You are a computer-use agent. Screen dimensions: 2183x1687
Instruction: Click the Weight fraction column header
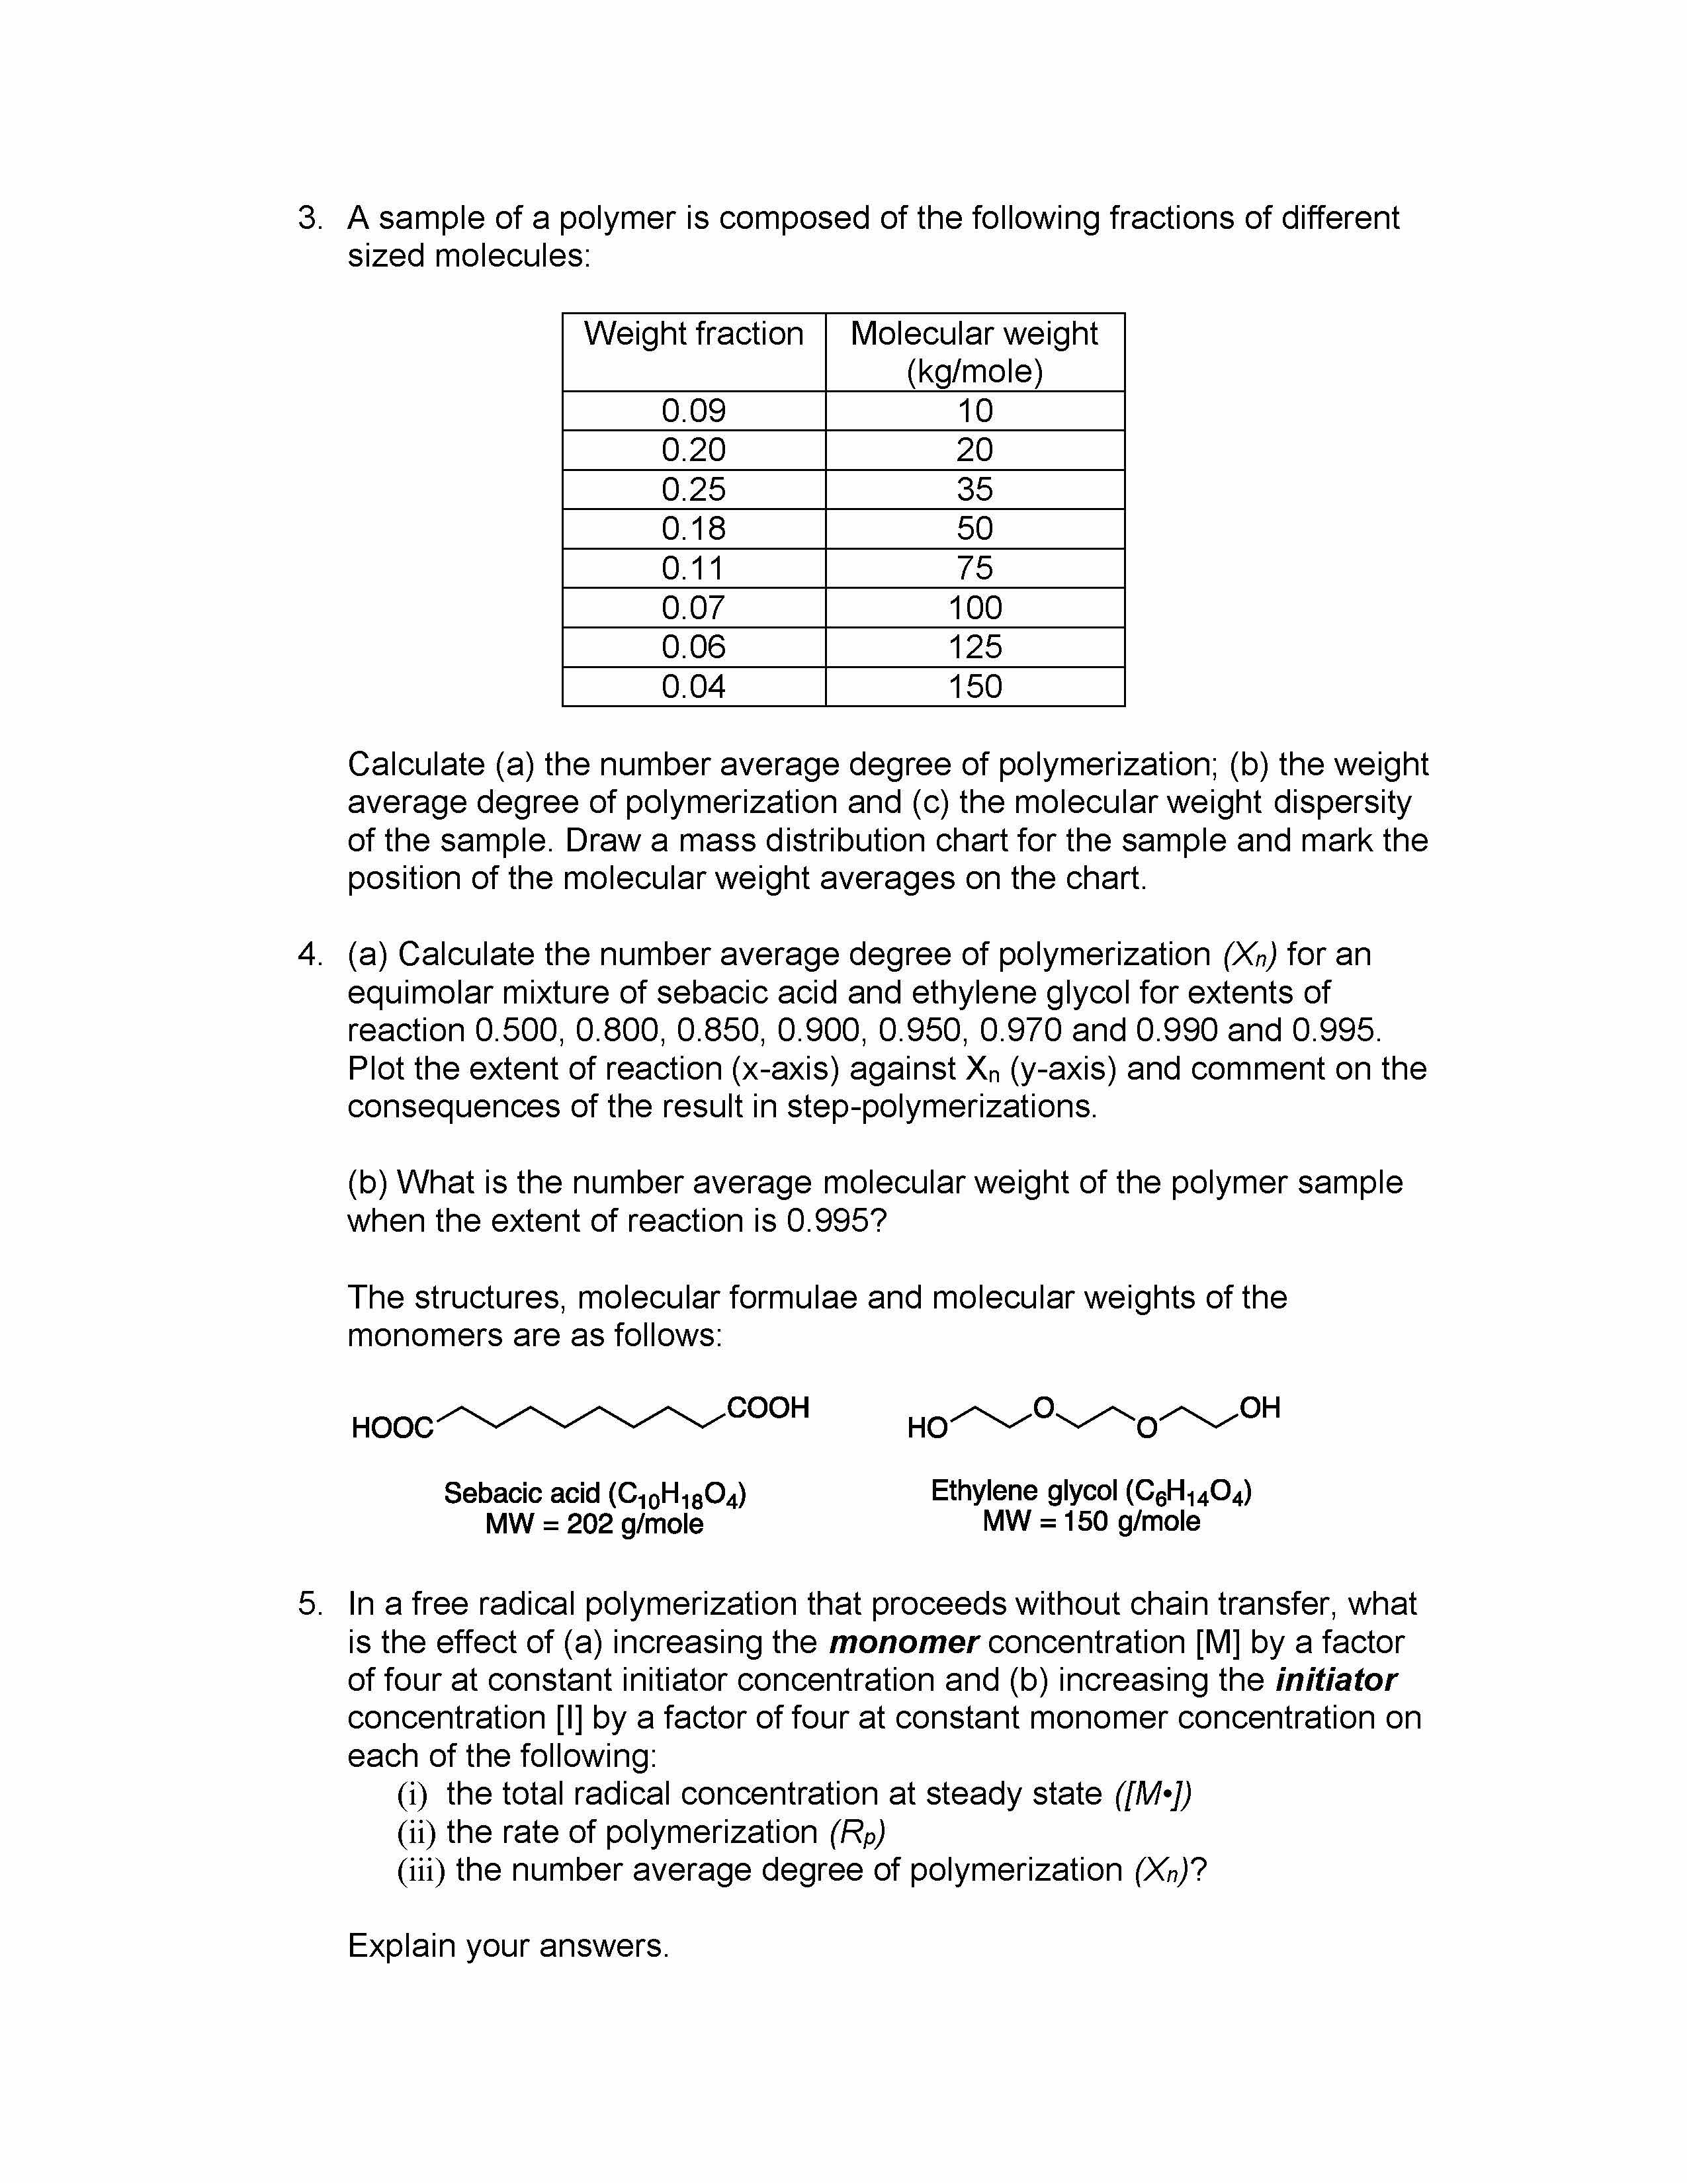693,334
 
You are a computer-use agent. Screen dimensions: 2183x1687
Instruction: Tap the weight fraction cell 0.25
693,490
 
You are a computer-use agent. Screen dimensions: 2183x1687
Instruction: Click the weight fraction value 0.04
693,687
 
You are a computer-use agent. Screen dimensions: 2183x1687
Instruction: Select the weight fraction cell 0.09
693,411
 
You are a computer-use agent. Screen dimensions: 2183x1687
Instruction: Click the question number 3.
310,218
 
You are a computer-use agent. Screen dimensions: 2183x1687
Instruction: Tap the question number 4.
310,955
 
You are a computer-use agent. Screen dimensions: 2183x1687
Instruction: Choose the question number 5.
310,1604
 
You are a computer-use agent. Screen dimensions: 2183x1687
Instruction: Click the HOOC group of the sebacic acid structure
392,1428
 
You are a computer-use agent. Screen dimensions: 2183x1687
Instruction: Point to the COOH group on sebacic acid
767,1408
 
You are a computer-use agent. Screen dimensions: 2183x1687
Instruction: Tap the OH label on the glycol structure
1259,1408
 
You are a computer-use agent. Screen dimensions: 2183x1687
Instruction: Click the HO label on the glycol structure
926,1428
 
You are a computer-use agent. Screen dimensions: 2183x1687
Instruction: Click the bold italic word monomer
902,1643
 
